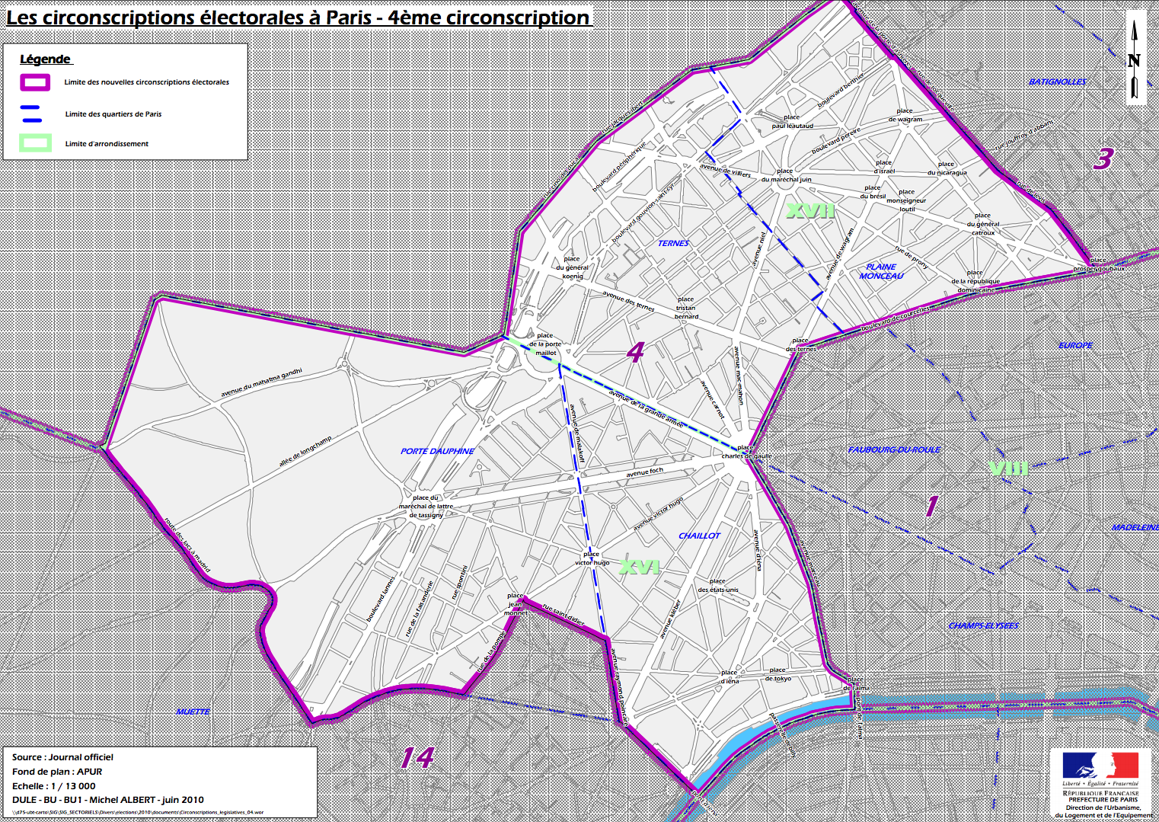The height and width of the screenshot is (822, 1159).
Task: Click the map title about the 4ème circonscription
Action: pos(298,18)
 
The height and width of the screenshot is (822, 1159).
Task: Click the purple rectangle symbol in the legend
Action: pos(35,82)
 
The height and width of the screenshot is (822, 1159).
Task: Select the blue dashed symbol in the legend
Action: pos(32,114)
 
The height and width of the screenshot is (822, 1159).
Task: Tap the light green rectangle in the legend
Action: pos(36,143)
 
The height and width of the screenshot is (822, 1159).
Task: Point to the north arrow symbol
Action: pos(1134,60)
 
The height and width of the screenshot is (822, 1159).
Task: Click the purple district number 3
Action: pos(1103,158)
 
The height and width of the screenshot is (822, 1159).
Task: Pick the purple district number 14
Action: pos(417,757)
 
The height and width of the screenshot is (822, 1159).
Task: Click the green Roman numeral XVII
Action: pos(810,211)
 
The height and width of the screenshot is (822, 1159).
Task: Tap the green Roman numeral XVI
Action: pos(639,567)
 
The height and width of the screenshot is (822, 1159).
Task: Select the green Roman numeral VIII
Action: pos(1008,468)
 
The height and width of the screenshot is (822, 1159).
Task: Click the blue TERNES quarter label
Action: pos(673,244)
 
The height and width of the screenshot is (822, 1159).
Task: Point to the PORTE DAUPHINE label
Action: pos(437,451)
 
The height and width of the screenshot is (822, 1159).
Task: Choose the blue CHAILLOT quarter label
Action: pos(699,536)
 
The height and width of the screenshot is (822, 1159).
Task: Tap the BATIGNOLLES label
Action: pos(1058,82)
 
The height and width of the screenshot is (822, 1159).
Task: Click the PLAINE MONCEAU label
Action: pos(881,271)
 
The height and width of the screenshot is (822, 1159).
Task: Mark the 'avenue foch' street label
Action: pos(644,472)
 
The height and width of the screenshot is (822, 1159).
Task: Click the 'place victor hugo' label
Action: pos(592,558)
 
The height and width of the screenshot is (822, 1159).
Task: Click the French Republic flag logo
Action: pos(1100,766)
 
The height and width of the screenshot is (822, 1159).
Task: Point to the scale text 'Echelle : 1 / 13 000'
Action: pos(54,786)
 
